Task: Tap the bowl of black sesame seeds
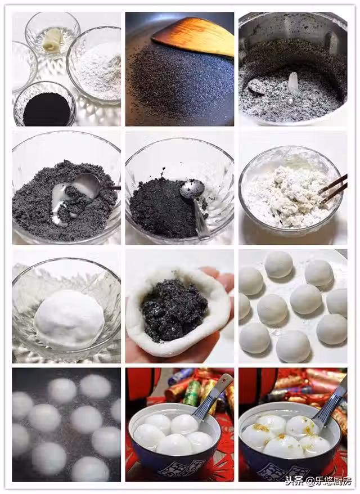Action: coord(44,105)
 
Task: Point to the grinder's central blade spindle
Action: coord(293,83)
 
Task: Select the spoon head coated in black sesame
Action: coord(192,188)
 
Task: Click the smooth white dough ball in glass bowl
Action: coord(69,318)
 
